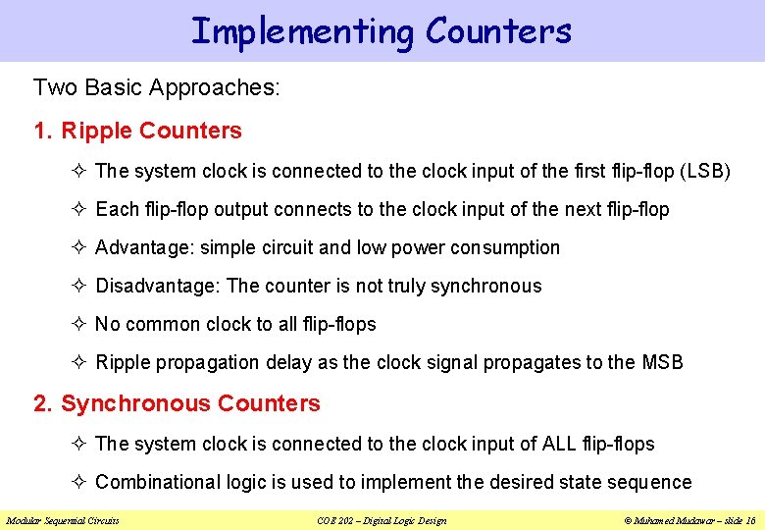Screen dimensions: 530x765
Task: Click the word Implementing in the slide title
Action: pyautogui.click(x=303, y=31)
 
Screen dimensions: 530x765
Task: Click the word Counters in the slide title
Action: pyautogui.click(x=498, y=31)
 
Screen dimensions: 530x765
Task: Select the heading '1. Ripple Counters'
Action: pyautogui.click(x=137, y=131)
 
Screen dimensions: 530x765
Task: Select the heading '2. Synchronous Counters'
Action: pyautogui.click(x=177, y=403)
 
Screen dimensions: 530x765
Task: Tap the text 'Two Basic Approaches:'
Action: pyautogui.click(x=157, y=87)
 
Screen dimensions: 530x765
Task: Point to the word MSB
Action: pyautogui.click(x=662, y=362)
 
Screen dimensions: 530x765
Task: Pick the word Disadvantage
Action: pyautogui.click(x=158, y=286)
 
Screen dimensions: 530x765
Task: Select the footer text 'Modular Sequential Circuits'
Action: pyautogui.click(x=63, y=520)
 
